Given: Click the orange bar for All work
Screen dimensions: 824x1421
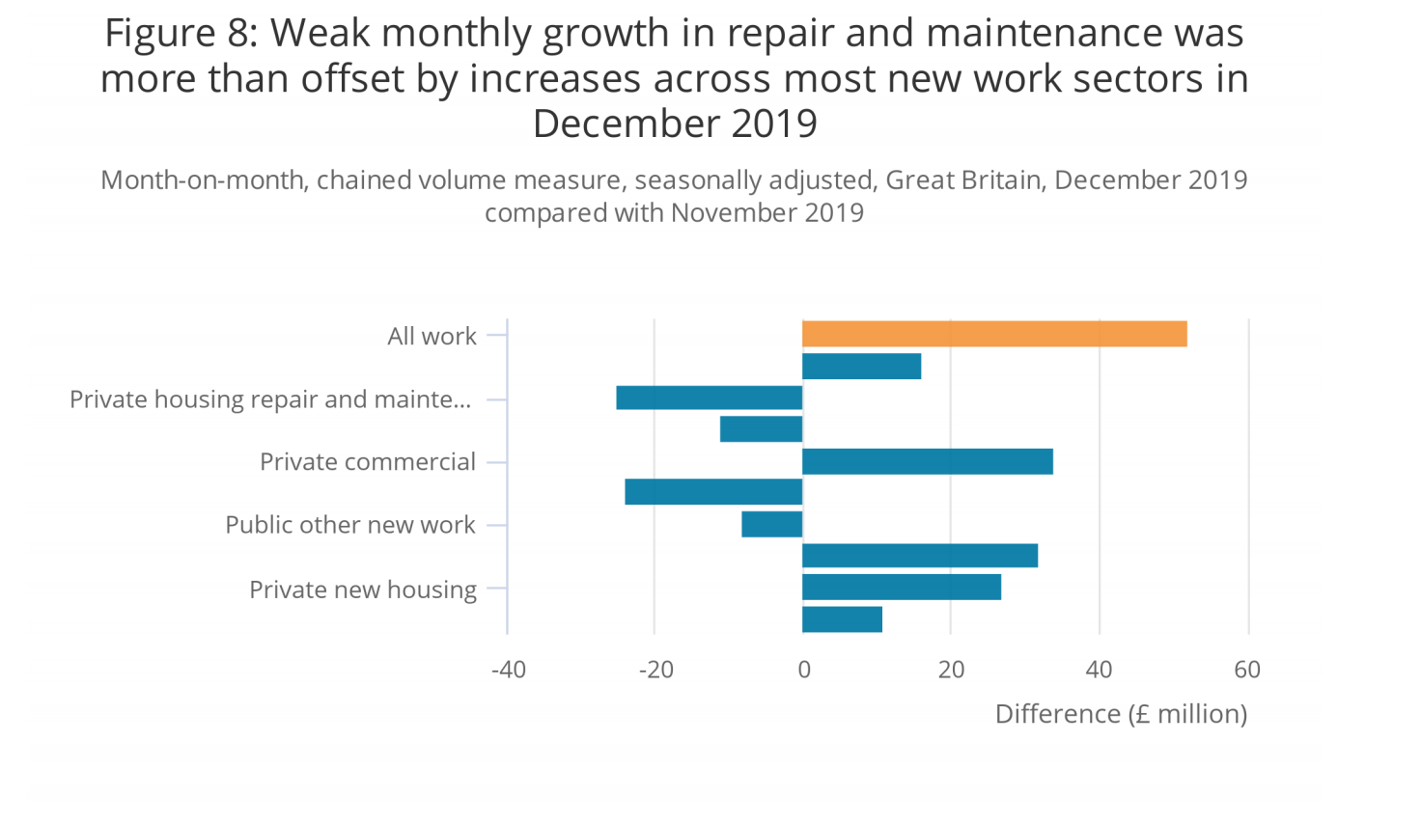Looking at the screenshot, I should [x=994, y=334].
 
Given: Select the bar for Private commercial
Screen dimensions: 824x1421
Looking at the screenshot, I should [x=927, y=461].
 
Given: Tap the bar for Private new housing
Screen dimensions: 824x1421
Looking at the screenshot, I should [x=901, y=587].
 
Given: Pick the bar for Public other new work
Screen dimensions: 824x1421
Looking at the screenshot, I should [x=771, y=524].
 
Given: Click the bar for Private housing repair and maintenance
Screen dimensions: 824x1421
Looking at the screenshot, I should [x=709, y=398].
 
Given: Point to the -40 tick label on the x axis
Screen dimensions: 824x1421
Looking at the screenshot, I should [x=509, y=670].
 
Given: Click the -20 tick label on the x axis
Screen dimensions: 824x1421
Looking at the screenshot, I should [x=655, y=670].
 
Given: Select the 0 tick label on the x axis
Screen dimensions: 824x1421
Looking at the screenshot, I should [x=803, y=670].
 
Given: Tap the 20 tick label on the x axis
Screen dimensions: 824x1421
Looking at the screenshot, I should [x=951, y=670].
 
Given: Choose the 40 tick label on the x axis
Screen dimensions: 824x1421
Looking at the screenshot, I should [x=1099, y=670].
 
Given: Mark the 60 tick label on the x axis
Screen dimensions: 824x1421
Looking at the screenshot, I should [x=1247, y=670].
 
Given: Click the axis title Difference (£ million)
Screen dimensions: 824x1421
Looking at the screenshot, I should [x=1121, y=714].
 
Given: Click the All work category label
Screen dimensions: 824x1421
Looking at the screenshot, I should [x=432, y=336].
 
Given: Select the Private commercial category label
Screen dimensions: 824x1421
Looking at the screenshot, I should [x=367, y=462].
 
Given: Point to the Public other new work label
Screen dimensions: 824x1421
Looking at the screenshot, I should [x=349, y=525].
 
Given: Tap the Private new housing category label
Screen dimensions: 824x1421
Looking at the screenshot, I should [x=362, y=590].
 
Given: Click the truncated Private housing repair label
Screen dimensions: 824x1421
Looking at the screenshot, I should [x=269, y=399].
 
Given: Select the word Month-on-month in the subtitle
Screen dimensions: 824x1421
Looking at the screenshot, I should [x=202, y=180].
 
